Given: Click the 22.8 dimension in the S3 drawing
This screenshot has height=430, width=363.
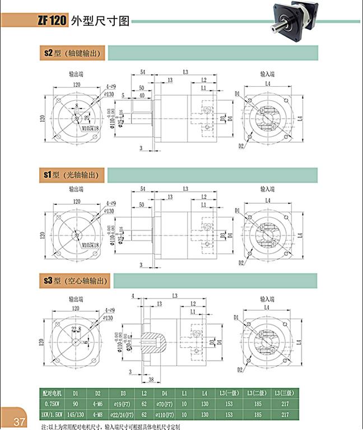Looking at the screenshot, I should click(x=76, y=329).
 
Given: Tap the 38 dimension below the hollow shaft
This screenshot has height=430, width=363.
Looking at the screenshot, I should click(x=151, y=380).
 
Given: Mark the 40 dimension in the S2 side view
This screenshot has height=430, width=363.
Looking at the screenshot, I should click(x=142, y=96).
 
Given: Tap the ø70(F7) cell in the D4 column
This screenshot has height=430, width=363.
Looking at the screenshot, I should click(x=165, y=403).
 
